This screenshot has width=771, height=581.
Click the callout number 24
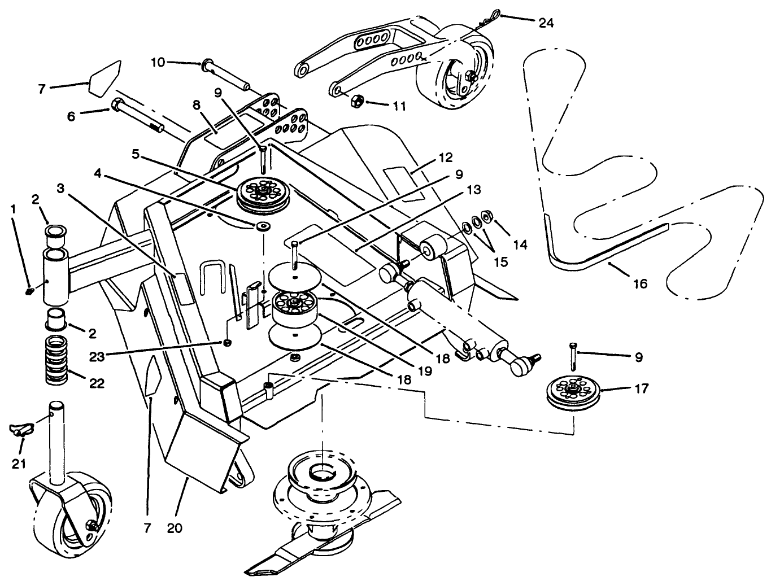546,23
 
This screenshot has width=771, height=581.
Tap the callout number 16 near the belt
639,283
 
